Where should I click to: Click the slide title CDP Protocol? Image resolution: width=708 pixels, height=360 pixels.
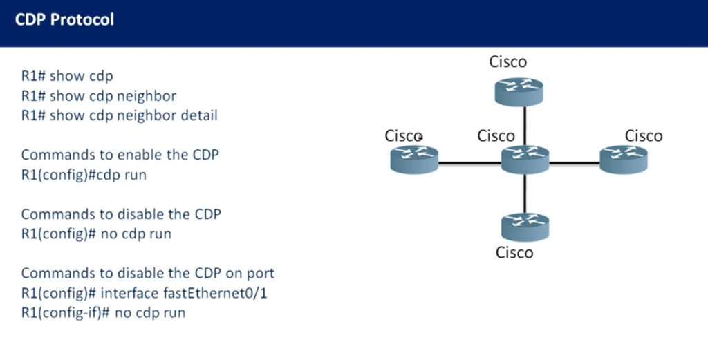pyautogui.click(x=64, y=20)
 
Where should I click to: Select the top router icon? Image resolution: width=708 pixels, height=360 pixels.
pyautogui.click(x=519, y=92)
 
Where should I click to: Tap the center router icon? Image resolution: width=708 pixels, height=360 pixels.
pyautogui.click(x=525, y=160)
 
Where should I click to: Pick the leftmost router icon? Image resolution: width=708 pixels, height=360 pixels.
pyautogui.click(x=414, y=159)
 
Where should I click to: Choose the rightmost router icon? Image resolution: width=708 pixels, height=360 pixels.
pyautogui.click(x=624, y=159)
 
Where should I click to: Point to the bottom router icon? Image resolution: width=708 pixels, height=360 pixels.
pyautogui.click(x=525, y=227)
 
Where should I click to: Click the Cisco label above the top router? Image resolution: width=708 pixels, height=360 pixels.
pyautogui.click(x=508, y=61)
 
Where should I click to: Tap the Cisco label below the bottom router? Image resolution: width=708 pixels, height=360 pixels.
pyautogui.click(x=514, y=253)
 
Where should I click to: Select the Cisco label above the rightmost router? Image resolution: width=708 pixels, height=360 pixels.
pyautogui.click(x=644, y=136)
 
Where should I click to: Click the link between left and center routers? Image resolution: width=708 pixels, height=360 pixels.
pyautogui.click(x=469, y=163)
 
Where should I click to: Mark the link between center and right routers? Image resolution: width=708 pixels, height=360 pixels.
pyautogui.click(x=575, y=163)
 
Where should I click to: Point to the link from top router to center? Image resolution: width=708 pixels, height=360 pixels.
pyautogui.click(x=525, y=126)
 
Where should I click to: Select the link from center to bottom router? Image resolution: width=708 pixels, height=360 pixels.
pyautogui.click(x=525, y=193)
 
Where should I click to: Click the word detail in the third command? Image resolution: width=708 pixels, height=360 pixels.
pyautogui.click(x=199, y=115)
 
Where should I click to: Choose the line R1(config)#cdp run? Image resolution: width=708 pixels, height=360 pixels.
pyautogui.click(x=84, y=175)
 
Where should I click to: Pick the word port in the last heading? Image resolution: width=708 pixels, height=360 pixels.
pyautogui.click(x=261, y=274)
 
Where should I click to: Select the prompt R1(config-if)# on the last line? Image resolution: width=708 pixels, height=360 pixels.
pyautogui.click(x=66, y=312)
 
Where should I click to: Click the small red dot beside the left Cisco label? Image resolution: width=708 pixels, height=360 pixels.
pyautogui.click(x=420, y=136)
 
